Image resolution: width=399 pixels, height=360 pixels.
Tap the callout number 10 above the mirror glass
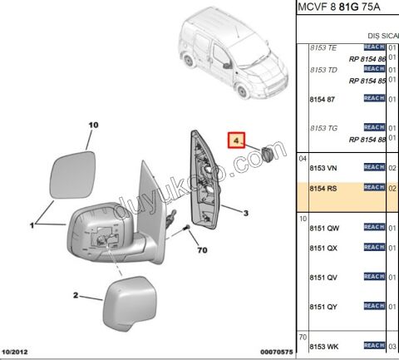[94, 125]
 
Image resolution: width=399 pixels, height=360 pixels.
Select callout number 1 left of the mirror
[32, 224]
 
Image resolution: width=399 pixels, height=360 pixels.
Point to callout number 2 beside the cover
[76, 295]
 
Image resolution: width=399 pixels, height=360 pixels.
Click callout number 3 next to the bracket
[246, 214]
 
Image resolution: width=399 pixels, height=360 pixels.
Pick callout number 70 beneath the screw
[200, 249]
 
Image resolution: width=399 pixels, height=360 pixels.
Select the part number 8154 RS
[323, 189]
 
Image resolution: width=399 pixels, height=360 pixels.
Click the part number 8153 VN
[323, 167]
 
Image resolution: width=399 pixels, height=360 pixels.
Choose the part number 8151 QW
[324, 227]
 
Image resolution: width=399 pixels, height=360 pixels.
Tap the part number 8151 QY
[324, 306]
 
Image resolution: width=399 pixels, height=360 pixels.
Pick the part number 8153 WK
[324, 345]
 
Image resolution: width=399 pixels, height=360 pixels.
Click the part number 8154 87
[323, 99]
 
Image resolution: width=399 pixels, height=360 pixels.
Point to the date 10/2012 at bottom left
[17, 353]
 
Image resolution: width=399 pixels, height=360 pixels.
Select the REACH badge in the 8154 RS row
[373, 188]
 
